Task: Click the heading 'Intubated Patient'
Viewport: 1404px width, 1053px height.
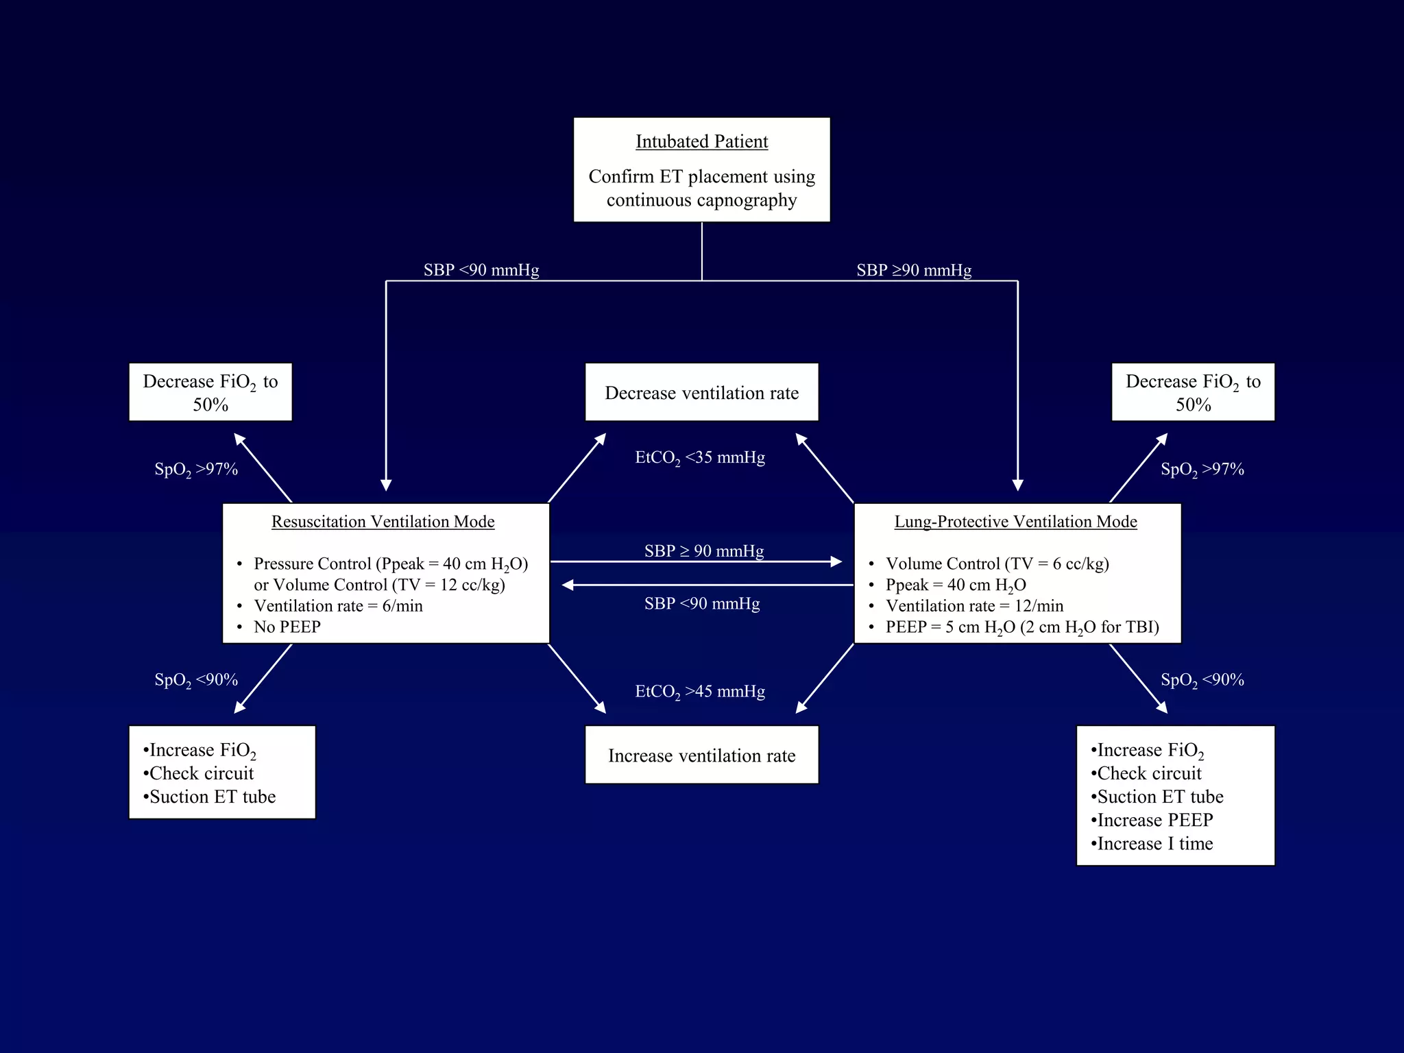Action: tap(701, 142)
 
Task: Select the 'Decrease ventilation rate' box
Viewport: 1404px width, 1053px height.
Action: tap(701, 393)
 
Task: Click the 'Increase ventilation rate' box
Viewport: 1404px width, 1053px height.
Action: tap(701, 755)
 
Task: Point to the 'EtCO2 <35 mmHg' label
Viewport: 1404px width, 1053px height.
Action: tap(699, 457)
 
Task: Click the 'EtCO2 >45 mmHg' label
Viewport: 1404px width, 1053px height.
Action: tap(699, 691)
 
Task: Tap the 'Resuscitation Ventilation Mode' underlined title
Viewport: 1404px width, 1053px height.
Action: tap(383, 522)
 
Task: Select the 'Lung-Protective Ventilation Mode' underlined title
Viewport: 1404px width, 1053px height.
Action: tap(1015, 522)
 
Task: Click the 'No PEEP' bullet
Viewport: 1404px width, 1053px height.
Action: tap(287, 627)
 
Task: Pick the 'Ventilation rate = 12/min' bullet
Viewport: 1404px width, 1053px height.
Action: tap(974, 606)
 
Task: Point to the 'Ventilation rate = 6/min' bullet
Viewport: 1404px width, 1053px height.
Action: tap(338, 606)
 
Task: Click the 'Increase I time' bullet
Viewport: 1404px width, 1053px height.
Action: tap(1154, 844)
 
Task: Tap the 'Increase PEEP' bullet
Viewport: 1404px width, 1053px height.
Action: tap(1154, 820)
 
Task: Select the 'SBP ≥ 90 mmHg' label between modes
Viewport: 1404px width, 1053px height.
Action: tap(703, 550)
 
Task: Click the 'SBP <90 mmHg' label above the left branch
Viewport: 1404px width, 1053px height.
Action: tap(481, 270)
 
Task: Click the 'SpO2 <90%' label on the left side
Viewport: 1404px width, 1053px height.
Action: tap(196, 680)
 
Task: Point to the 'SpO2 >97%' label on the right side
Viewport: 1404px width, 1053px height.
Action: tap(1202, 470)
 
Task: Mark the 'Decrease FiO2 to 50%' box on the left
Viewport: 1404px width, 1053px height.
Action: tap(210, 392)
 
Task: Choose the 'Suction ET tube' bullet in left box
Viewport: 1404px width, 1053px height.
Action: tap(212, 797)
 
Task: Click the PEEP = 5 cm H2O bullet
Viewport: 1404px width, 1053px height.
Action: tap(1021, 627)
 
